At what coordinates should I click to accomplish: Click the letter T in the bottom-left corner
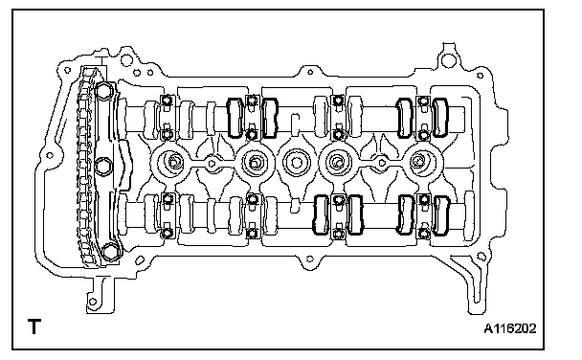click(34, 326)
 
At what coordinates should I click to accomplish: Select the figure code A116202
click(510, 328)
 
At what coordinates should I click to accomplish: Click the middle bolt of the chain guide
click(103, 166)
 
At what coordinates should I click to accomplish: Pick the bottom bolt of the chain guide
click(110, 251)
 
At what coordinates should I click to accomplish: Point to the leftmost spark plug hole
click(172, 162)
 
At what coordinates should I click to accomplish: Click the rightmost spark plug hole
click(418, 162)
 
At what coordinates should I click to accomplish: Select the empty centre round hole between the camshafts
click(296, 163)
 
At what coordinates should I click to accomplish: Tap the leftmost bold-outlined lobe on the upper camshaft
click(235, 118)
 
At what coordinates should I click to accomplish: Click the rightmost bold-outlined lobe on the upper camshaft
click(440, 117)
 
